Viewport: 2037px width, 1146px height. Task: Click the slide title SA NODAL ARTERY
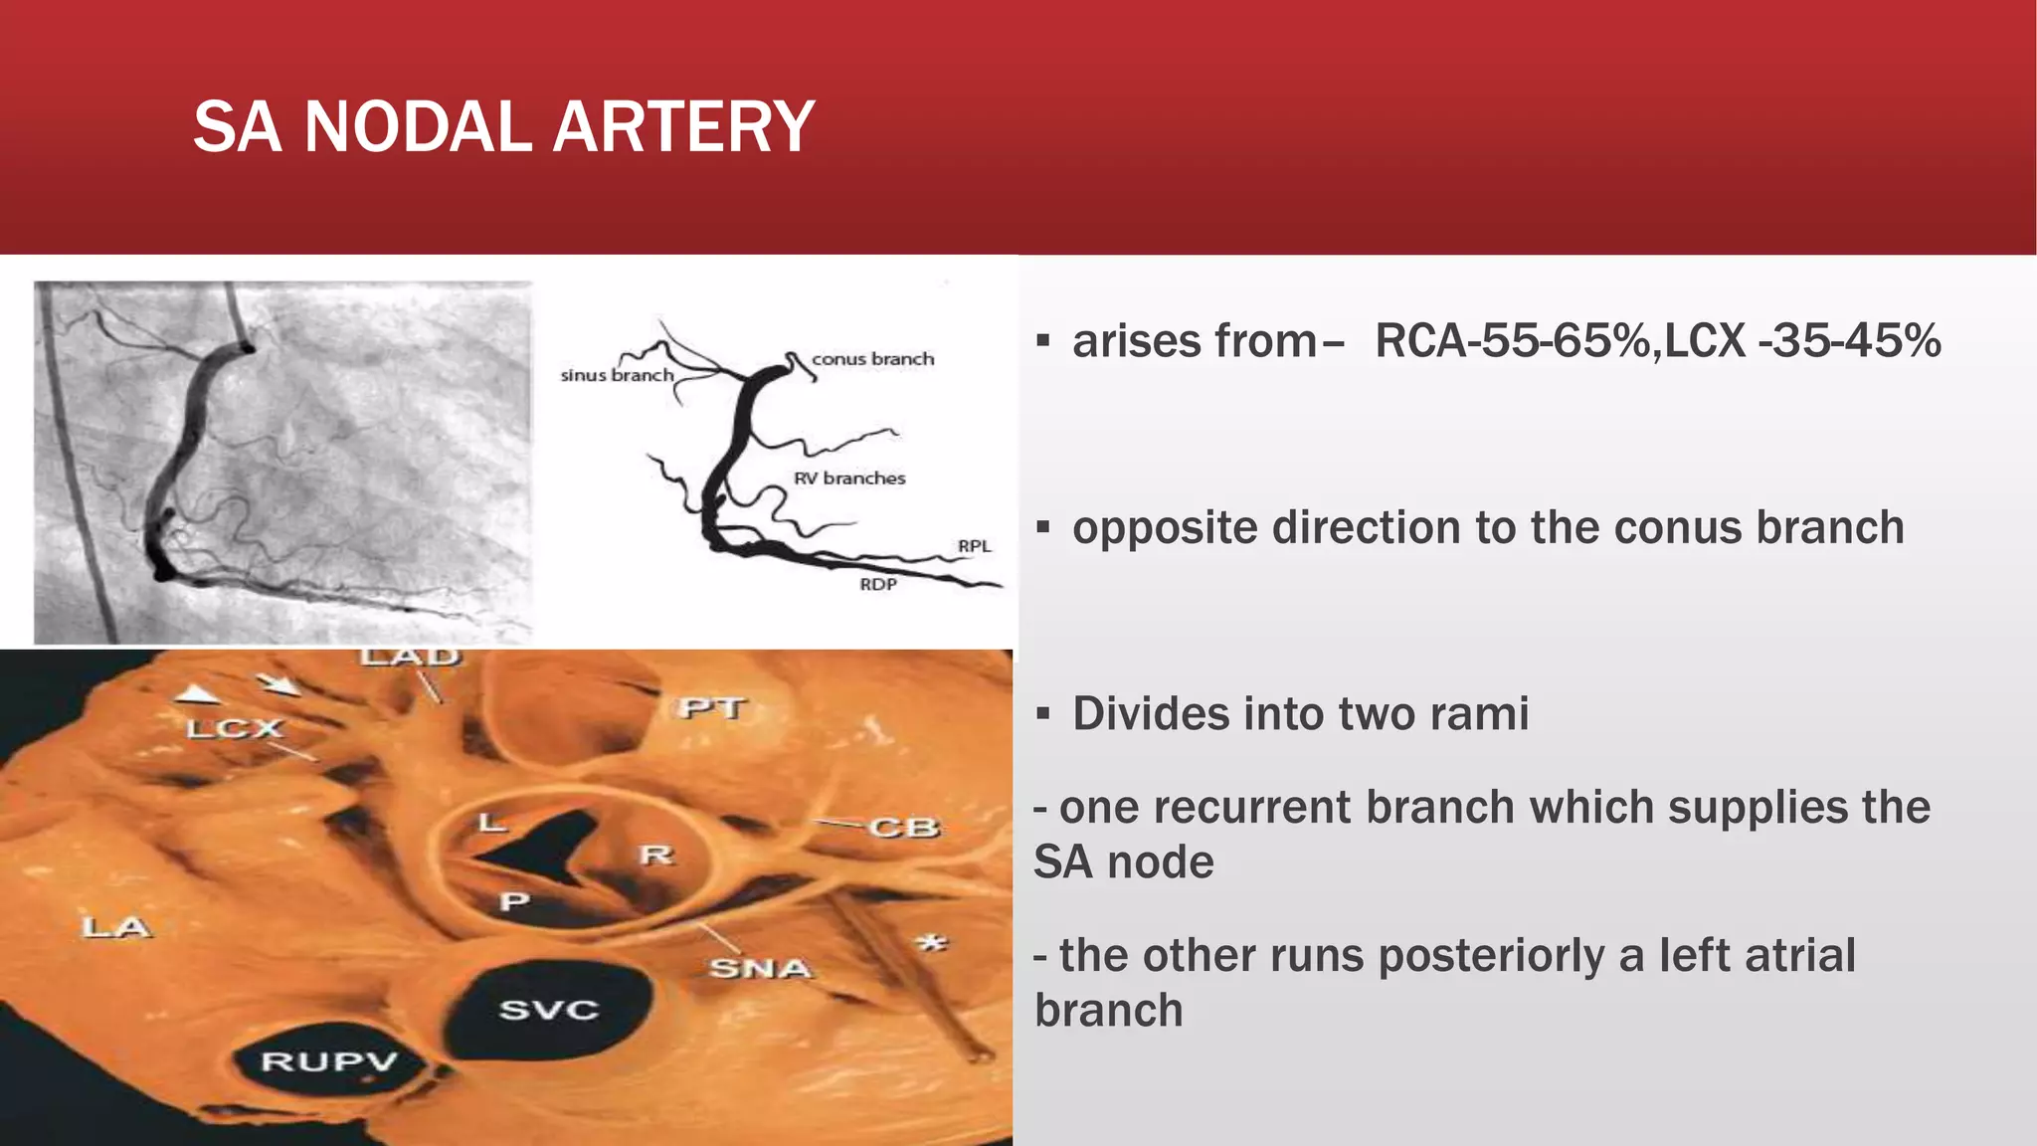tap(503, 127)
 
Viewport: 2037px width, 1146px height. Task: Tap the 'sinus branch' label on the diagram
tap(617, 375)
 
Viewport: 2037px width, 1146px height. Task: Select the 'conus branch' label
tap(872, 359)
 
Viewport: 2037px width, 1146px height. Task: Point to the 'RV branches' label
tap(849, 478)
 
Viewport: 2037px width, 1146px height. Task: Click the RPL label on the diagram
tap(974, 546)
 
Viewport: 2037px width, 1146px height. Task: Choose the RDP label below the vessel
tap(878, 584)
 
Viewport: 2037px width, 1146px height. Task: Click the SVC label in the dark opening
tap(548, 1011)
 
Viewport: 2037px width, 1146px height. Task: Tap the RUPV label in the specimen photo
tap(328, 1062)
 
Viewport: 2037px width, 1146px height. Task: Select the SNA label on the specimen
tap(760, 967)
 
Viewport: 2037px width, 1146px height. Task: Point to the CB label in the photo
tap(903, 828)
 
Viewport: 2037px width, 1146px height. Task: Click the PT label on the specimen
tap(712, 708)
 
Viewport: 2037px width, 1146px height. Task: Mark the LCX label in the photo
tap(235, 729)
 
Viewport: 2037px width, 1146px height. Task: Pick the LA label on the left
tap(115, 928)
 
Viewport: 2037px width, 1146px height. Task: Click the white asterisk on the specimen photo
tap(932, 942)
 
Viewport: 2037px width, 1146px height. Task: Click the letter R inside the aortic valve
tap(656, 855)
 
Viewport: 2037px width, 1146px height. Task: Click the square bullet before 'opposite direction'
tap(1042, 527)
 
